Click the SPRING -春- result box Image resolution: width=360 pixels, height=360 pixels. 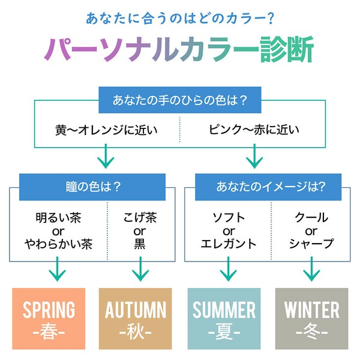pyautogui.click(x=49, y=319)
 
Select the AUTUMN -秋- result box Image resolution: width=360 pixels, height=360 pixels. pyautogui.click(x=135, y=319)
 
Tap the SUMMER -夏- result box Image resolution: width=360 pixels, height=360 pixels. pyautogui.click(x=224, y=319)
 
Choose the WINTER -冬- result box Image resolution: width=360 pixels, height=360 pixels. pyautogui.click(x=312, y=319)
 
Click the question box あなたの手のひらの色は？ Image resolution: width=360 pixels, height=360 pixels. pyautogui.click(x=180, y=100)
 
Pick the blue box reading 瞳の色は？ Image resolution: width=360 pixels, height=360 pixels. pyautogui.click(x=92, y=187)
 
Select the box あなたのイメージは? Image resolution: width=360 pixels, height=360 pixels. pyautogui.click(x=268, y=187)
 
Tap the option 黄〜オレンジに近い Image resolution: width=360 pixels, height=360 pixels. pyautogui.click(x=106, y=130)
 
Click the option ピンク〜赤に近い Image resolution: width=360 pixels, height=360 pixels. pyautogui.click(x=254, y=130)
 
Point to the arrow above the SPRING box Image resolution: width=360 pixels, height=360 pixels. pyautogui.click(x=58, y=269)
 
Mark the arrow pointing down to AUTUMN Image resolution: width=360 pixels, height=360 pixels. pyautogui.click(x=140, y=269)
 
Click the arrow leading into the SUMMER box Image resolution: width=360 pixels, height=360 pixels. pyautogui.click(x=228, y=269)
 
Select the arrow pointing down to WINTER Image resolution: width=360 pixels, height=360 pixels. pyautogui.click(x=311, y=269)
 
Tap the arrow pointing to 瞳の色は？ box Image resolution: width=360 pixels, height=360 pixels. pyautogui.click(x=106, y=156)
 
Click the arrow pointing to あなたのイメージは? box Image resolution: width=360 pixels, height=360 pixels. pyautogui.click(x=254, y=156)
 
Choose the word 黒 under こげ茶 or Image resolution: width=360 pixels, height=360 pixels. pyautogui.click(x=140, y=244)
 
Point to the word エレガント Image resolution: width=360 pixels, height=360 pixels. pyautogui.click(x=229, y=244)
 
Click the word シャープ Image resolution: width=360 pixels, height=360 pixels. pyautogui.click(x=311, y=244)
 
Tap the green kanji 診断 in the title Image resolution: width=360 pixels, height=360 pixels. pyautogui.click(x=287, y=49)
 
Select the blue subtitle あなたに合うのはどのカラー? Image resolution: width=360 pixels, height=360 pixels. pyautogui.click(x=180, y=19)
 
